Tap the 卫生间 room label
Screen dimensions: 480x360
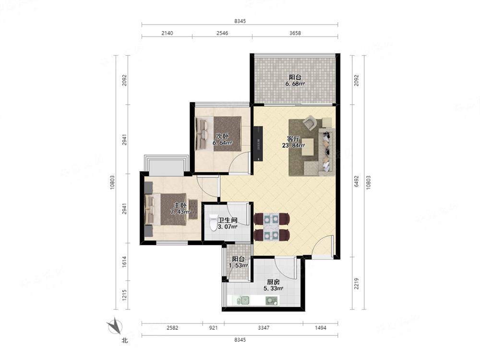coord(228,220)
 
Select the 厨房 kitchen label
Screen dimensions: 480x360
coord(273,282)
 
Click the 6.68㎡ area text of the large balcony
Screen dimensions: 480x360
coord(295,84)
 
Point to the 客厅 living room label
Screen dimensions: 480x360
coord(293,139)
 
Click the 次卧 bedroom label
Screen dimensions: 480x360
coord(222,136)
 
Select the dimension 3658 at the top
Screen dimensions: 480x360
coord(295,33)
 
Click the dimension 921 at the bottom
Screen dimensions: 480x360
coord(214,328)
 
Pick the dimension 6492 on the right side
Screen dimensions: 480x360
coord(356,181)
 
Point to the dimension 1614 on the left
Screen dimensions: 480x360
coord(124,262)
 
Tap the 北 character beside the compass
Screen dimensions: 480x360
coord(125,340)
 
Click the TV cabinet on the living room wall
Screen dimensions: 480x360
coord(258,143)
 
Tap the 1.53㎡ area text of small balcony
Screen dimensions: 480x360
coord(238,265)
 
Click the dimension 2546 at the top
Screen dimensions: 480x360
coord(222,33)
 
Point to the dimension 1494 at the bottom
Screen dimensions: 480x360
coord(321,328)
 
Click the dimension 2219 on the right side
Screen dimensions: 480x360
coord(356,284)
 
